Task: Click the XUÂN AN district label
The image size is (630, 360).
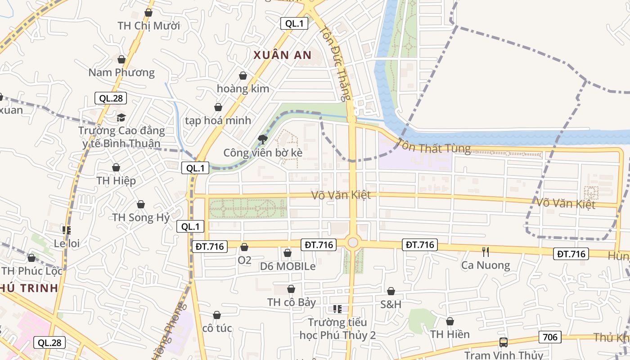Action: click(282, 55)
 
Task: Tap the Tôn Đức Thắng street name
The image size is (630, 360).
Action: click(335, 63)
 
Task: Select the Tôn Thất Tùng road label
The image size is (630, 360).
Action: click(433, 148)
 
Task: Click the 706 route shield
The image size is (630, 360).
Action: click(550, 337)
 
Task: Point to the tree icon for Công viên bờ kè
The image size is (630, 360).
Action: click(262, 139)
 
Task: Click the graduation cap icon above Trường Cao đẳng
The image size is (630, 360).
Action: click(121, 117)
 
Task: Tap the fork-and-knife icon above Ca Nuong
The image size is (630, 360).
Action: click(485, 252)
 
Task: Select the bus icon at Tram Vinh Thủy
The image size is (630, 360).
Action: click(504, 342)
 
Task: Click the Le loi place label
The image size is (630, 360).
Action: click(67, 243)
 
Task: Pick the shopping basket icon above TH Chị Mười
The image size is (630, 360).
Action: click(148, 13)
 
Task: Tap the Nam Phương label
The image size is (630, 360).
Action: click(121, 72)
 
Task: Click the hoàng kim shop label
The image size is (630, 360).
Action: click(243, 89)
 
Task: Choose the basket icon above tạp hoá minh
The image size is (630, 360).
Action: click(218, 107)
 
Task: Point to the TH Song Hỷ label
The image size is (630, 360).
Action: click(141, 218)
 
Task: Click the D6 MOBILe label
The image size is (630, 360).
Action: click(288, 266)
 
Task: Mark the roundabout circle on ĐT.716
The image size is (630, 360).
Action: click(353, 243)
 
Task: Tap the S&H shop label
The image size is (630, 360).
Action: click(391, 304)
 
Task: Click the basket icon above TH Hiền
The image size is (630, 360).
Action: click(450, 321)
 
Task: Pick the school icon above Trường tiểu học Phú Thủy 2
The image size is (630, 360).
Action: click(337, 309)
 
